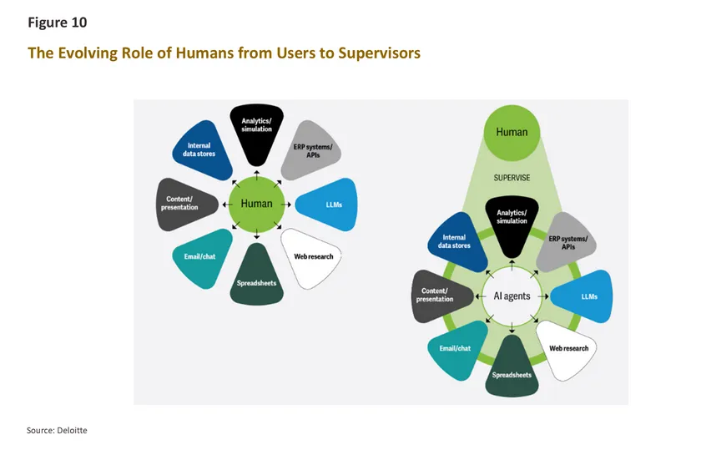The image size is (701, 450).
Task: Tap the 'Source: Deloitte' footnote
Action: point(56,430)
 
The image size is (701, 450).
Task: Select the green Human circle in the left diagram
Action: point(256,203)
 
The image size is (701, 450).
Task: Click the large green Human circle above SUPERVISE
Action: point(512,132)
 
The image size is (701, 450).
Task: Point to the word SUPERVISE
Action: point(512,177)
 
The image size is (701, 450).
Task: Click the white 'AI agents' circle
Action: point(512,296)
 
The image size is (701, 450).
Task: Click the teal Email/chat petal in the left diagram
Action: point(201,256)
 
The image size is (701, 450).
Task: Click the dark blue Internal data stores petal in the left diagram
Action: point(199,151)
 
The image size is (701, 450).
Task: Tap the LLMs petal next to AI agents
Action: point(583,296)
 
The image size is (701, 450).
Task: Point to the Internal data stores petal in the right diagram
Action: point(456,242)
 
